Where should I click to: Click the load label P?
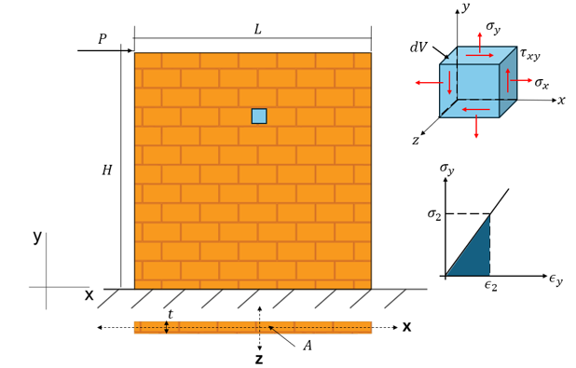pos(103,38)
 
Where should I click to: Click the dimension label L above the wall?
pos(257,30)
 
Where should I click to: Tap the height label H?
pos(107,170)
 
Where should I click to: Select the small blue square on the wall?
pos(259,116)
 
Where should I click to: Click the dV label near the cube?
pos(418,47)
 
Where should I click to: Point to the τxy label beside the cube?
pos(529,54)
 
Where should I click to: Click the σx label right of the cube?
pos(542,83)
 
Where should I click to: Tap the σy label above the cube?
pos(493,27)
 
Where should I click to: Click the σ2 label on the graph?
pos(433,213)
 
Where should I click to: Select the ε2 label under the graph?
pos(491,285)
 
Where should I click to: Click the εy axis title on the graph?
pos(555,279)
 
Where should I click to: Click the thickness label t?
pos(171,314)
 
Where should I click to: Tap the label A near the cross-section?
pos(308,346)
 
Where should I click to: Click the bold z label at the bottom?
pos(259,359)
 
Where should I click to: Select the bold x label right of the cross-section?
pos(406,326)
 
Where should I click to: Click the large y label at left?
pos(37,238)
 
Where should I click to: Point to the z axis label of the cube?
pos(416,140)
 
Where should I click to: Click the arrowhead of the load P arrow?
pos(130,50)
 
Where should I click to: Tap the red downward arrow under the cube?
pos(476,127)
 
